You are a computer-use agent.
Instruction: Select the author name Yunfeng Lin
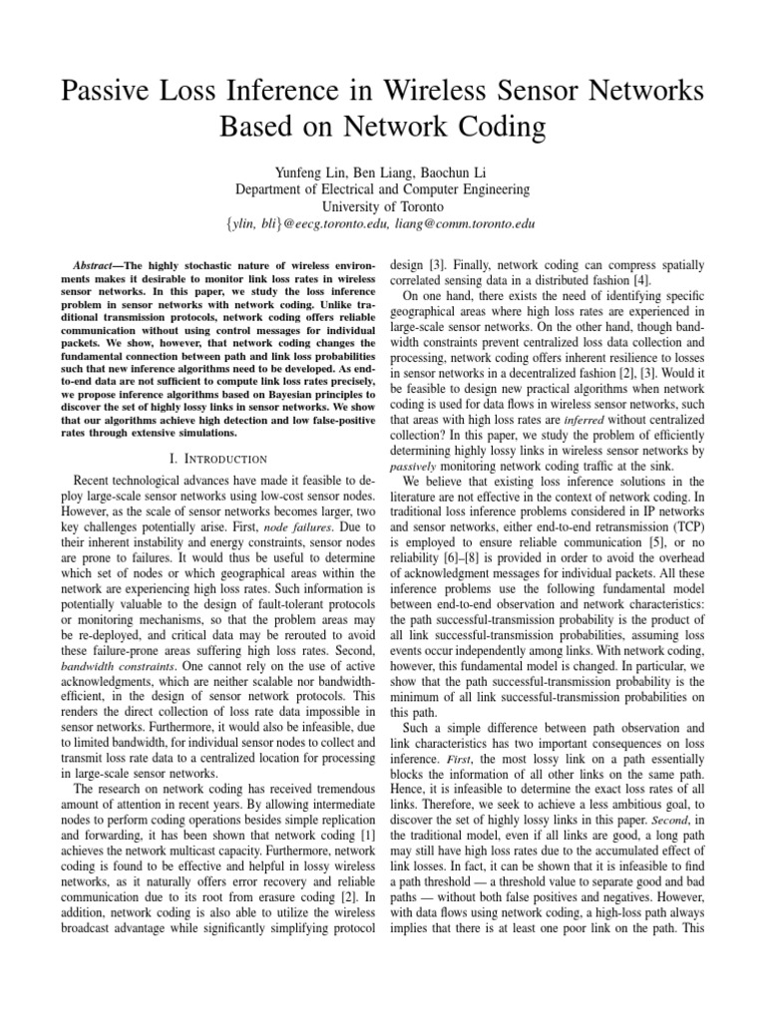point(295,170)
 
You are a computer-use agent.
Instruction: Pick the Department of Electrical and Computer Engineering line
point(383,188)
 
